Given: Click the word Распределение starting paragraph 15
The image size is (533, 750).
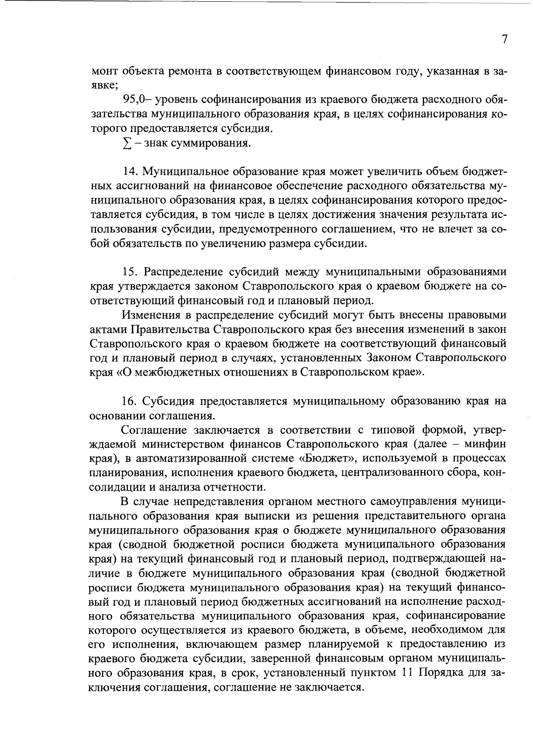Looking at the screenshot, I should pyautogui.click(x=184, y=272).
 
